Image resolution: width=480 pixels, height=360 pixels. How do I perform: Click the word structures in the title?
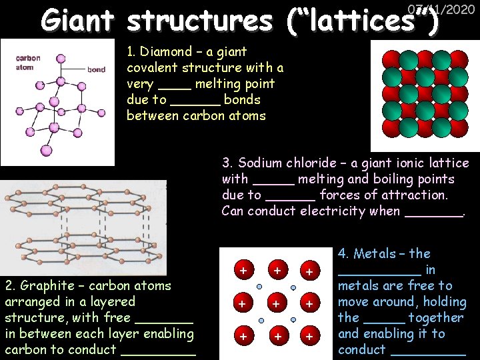199,21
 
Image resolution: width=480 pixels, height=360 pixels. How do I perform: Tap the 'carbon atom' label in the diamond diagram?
27,62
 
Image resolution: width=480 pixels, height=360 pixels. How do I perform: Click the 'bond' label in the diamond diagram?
96,69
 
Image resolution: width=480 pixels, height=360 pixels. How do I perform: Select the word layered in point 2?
111,301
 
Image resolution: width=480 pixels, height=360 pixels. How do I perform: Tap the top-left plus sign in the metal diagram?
243,271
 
